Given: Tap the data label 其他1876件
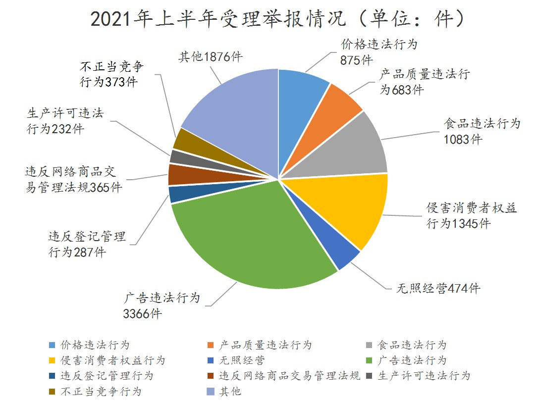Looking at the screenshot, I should [210, 56].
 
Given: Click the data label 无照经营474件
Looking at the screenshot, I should [439, 289].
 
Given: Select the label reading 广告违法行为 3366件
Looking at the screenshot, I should [161, 305].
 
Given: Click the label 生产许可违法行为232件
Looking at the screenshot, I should [65, 121].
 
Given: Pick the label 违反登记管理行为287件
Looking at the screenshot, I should [87, 244].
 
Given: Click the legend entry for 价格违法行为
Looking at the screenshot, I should [94, 345].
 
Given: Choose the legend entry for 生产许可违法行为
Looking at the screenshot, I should [423, 376].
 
